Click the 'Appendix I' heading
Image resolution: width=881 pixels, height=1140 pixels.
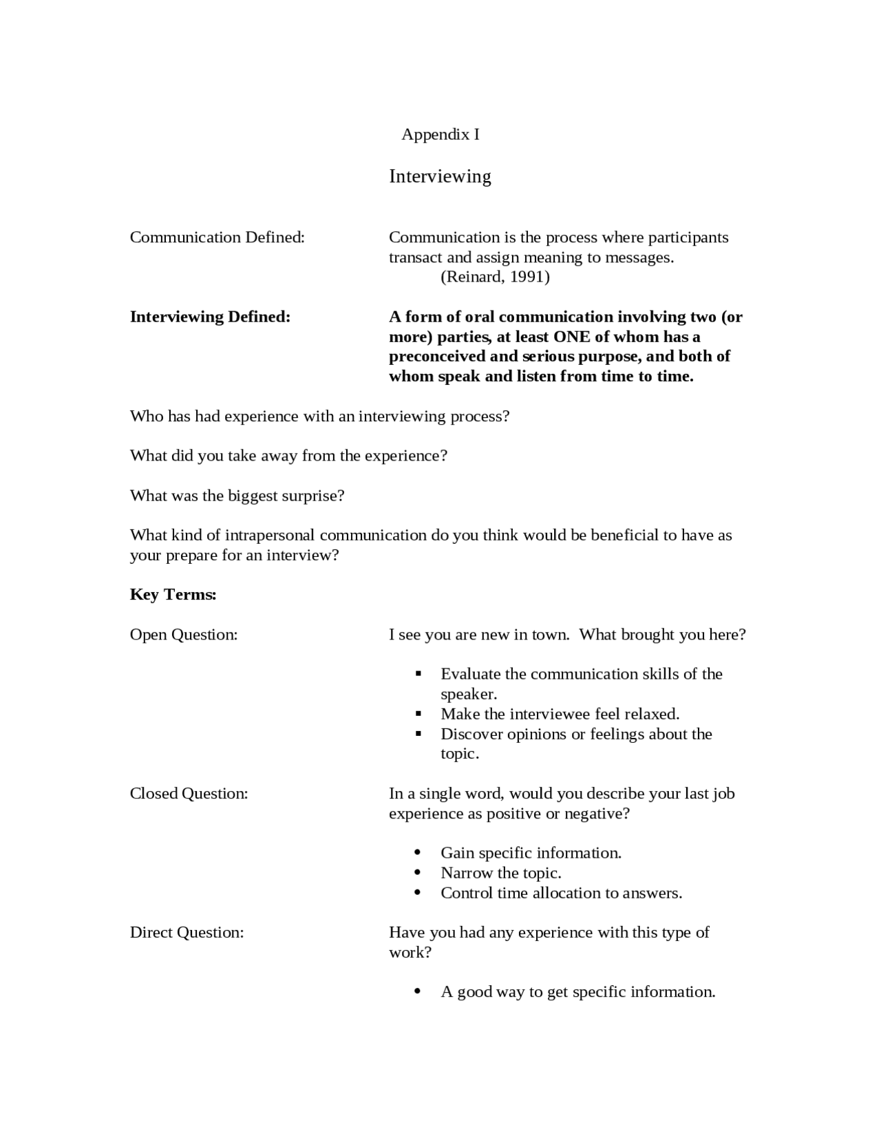[440, 134]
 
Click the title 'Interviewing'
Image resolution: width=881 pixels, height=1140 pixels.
[440, 176]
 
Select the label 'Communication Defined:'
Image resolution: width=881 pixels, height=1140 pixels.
[217, 237]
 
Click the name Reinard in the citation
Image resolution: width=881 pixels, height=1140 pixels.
[473, 277]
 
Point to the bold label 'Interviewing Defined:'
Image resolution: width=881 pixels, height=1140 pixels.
[210, 317]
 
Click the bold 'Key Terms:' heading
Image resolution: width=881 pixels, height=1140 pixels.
[173, 595]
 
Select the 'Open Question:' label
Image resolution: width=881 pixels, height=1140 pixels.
[184, 635]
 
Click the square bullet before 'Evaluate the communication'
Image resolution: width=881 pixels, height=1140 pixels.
[418, 674]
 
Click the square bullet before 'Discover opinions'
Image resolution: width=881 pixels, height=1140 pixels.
[418, 734]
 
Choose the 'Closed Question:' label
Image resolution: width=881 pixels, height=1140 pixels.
[189, 794]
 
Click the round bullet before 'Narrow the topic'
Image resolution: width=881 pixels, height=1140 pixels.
[418, 873]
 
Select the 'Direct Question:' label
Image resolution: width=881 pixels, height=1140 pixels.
[187, 933]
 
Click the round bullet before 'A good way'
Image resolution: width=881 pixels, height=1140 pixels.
[418, 992]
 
